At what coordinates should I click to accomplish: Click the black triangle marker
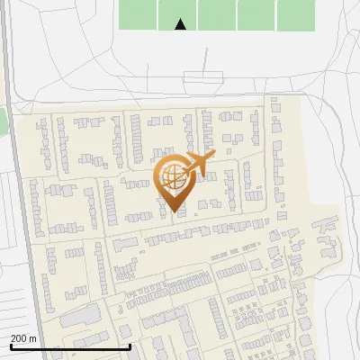pos(180,24)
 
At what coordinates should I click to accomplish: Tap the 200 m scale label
pos(23,337)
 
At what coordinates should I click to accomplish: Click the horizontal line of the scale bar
pos(70,346)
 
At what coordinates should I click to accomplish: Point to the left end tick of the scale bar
pos(10,346)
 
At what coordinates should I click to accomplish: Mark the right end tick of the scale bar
pos(130,346)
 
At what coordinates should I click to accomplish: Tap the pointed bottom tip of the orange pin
pos(175,212)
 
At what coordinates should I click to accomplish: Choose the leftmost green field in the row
pos(139,15)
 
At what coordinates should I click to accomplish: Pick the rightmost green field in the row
pos(296,15)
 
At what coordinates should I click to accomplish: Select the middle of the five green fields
pos(217,15)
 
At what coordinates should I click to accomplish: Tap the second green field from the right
pos(256,15)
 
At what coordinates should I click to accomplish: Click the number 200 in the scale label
pos(19,337)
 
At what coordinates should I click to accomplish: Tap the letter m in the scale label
pos(33,338)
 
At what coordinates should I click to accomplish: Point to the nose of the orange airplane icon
pos(213,158)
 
